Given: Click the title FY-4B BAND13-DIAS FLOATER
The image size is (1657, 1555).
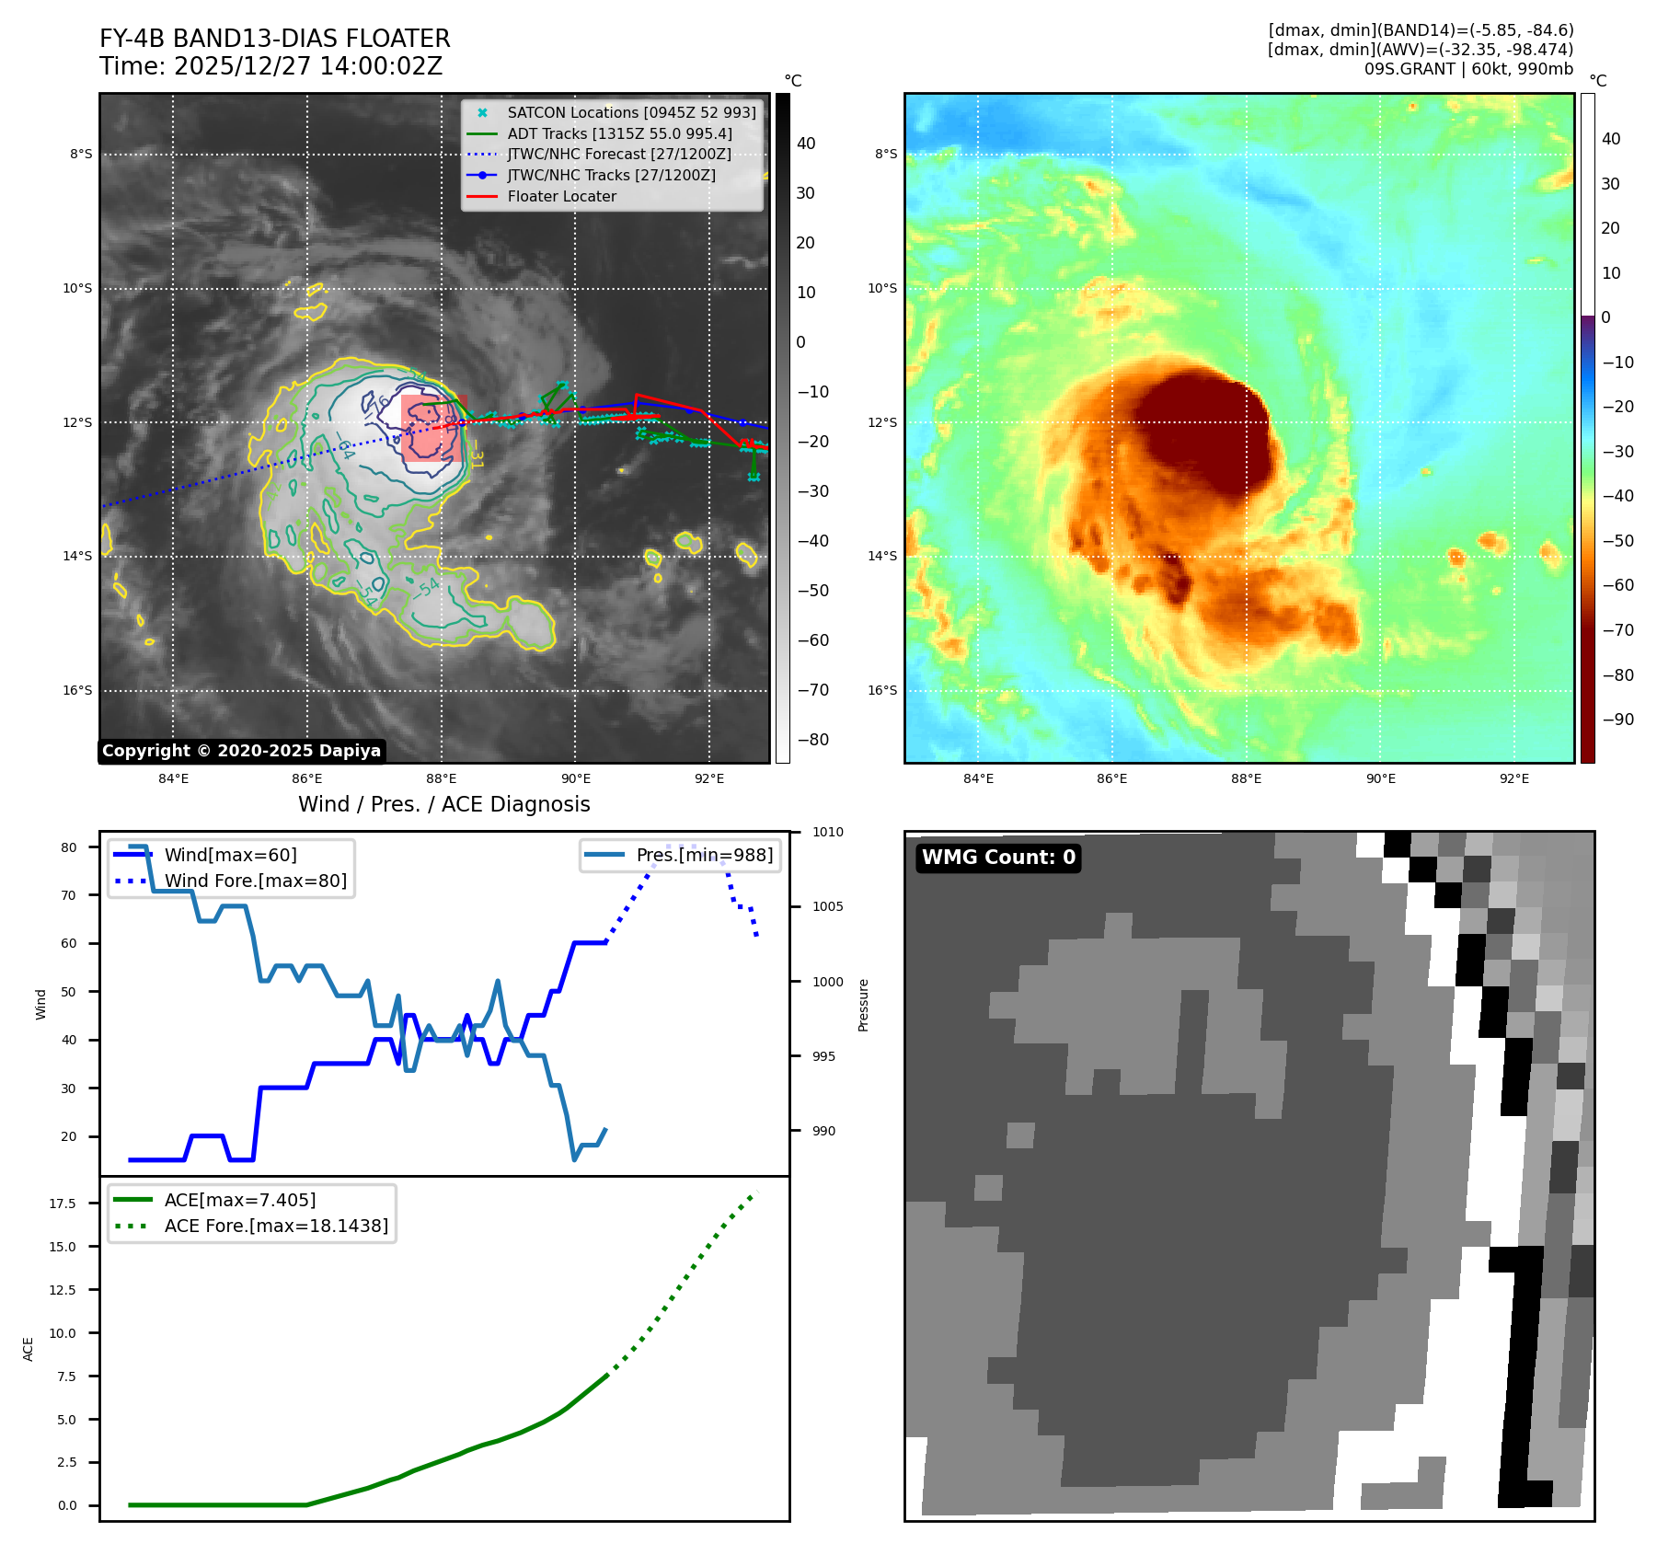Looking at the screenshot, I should point(274,39).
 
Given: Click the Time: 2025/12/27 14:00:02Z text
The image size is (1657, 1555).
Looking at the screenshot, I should point(270,66).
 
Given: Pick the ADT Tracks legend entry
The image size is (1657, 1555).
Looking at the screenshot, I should point(619,133).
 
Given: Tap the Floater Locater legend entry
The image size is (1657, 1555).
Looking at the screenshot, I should point(561,196).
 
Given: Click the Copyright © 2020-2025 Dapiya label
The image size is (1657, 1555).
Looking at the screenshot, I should point(241,751).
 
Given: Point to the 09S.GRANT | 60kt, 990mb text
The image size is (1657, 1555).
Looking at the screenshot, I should point(1468,69).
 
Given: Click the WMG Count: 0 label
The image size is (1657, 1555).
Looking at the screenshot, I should point(998,858).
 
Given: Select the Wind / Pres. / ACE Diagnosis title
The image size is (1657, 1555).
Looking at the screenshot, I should point(443,804).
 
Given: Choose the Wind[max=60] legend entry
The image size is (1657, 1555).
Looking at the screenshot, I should point(230,855).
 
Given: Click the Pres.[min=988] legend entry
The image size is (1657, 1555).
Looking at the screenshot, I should point(704,855).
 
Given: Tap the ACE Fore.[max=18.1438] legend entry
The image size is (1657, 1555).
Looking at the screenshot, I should point(276,1226).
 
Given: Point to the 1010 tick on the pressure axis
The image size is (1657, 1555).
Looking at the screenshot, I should point(827,832).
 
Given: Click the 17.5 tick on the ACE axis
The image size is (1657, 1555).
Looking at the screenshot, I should point(63,1204).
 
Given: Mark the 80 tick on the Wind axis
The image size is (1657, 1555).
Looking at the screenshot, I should point(69,847).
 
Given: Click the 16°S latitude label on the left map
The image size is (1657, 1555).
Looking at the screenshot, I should point(77,691).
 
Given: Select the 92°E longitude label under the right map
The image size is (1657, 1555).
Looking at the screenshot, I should point(1513,778).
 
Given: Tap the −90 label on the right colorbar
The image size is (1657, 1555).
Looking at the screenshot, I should point(1617,720).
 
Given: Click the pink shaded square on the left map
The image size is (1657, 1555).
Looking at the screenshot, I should point(433,429).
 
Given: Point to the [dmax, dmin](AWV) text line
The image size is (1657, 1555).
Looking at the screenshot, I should point(1420,50).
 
